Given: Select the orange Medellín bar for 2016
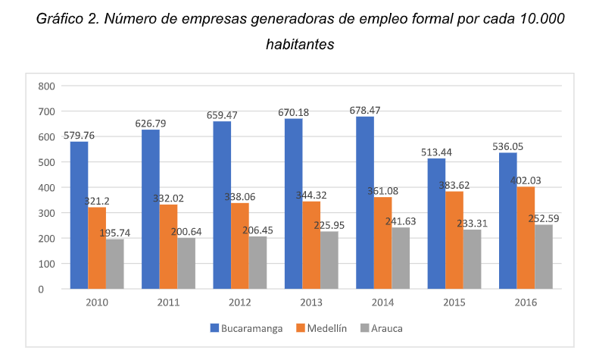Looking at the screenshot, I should coord(525,238).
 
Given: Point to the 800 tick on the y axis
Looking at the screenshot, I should coord(47,86).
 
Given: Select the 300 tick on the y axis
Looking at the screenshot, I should coord(47,213).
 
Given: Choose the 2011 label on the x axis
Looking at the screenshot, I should coord(168,302).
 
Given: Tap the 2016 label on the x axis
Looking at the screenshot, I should coord(525,302).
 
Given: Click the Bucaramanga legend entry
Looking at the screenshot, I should coord(247,328).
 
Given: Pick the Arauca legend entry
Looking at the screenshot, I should coord(387,328).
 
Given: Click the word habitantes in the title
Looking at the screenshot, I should coord(300,45).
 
